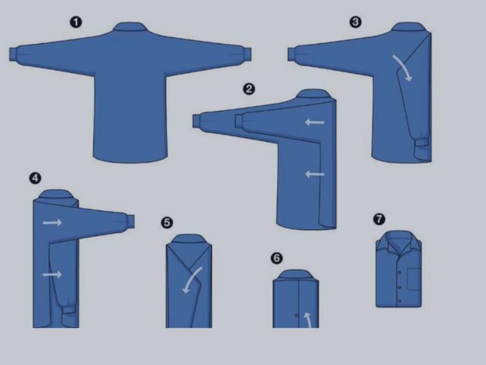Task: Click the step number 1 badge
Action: (76, 23)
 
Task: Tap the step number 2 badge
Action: (249, 89)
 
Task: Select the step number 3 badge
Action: (355, 22)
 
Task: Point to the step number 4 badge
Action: (35, 178)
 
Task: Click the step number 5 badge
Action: (167, 223)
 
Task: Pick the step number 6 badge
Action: (276, 258)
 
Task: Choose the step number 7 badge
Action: (379, 219)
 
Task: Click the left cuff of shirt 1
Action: (13, 54)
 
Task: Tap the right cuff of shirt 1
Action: (247, 55)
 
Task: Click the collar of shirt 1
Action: (129, 27)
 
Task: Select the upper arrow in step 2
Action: (315, 122)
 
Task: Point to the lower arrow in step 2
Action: (315, 174)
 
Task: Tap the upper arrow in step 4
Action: (52, 222)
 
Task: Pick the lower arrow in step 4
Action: (52, 274)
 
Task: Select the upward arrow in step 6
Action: (308, 320)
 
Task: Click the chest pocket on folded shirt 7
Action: (414, 279)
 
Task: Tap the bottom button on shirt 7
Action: (399, 301)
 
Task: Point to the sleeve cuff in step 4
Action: (69, 309)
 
